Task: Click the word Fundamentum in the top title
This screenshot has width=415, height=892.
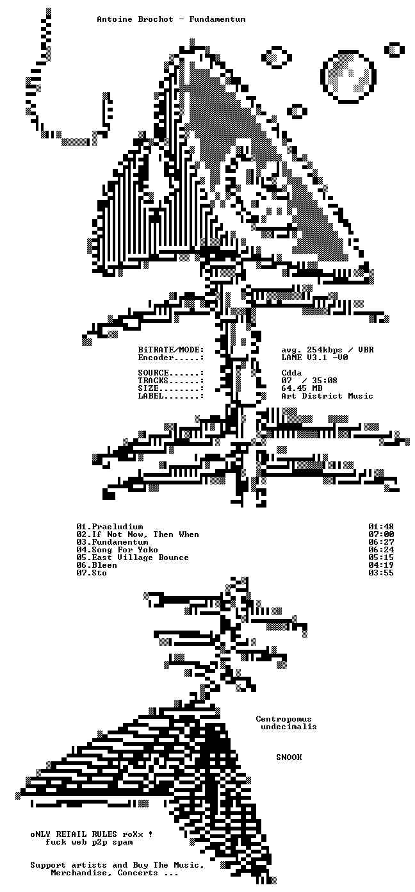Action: point(217,19)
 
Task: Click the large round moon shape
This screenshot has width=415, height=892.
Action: point(348,76)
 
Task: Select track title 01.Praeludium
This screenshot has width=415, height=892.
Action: point(110,527)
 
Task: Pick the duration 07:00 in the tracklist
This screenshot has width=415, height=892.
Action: point(381,534)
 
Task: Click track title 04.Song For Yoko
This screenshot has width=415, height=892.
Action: point(117,550)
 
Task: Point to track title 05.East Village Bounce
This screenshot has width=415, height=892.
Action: point(133,557)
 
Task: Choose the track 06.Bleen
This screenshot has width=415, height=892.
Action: point(97,565)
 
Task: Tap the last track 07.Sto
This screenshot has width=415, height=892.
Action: point(92,573)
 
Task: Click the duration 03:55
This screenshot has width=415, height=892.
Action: point(381,573)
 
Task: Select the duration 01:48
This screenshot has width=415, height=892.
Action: point(381,527)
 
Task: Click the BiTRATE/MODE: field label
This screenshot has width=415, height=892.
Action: point(171,350)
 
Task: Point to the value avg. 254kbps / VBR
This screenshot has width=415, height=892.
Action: point(327,350)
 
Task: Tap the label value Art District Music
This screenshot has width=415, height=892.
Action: point(327,396)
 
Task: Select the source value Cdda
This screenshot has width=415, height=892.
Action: point(291,373)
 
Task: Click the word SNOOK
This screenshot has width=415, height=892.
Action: point(289,757)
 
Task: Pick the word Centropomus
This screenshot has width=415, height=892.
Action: point(284,719)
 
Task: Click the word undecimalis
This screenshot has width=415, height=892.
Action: point(289,726)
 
